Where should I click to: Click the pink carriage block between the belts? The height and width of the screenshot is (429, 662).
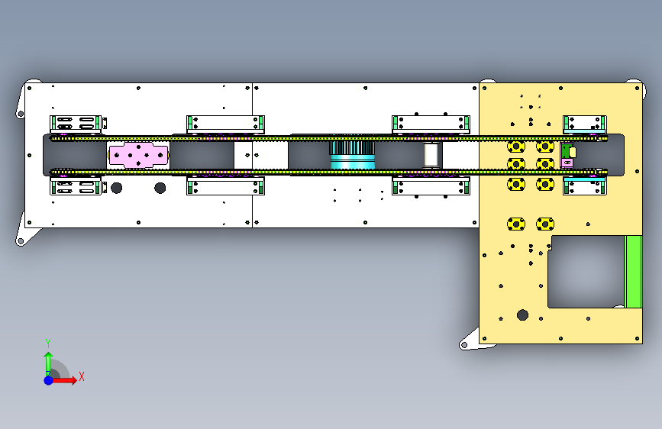pos(138,155)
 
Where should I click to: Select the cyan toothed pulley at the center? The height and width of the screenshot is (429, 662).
pos(352,154)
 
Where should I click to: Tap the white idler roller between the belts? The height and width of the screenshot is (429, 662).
pos(431,155)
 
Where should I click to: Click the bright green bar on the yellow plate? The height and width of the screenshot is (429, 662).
pos(633,272)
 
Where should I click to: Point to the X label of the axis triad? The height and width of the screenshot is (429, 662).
pos(82,376)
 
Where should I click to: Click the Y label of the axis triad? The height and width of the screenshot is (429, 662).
pos(48,343)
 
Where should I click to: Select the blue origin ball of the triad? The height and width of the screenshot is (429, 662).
pos(49,380)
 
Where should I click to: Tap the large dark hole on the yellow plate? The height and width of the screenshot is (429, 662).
pos(522,315)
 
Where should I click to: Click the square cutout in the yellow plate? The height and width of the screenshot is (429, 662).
pos(586,272)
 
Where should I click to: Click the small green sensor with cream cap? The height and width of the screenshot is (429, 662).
pos(568,155)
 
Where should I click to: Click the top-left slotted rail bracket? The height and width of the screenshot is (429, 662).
pos(76,124)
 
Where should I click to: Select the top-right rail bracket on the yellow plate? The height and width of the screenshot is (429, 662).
pos(585,124)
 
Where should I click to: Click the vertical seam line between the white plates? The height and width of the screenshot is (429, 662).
pos(252,155)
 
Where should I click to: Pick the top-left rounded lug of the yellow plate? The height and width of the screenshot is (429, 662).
pos(488,80)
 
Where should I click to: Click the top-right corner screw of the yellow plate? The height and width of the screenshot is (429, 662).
pos(637,89)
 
